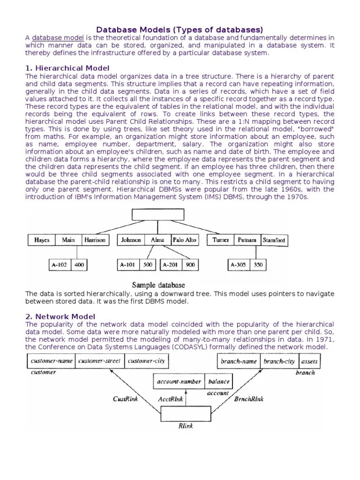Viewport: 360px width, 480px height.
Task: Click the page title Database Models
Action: (x=180, y=29)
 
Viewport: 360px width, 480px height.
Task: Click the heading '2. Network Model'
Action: (x=60, y=316)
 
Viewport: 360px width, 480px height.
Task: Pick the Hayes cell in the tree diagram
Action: (x=42, y=240)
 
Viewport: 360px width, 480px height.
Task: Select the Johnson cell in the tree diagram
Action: (x=131, y=240)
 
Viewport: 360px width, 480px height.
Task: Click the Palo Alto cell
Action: (x=185, y=240)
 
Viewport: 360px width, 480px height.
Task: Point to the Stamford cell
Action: (x=274, y=240)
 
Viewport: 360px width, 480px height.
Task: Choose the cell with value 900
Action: (x=190, y=265)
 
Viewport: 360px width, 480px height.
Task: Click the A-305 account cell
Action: (x=239, y=265)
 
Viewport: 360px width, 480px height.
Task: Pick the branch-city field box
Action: (x=279, y=361)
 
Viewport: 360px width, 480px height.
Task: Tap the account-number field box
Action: (x=179, y=382)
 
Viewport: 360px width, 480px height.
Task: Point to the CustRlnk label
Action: (x=126, y=399)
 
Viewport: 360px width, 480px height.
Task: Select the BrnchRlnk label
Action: (x=248, y=399)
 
